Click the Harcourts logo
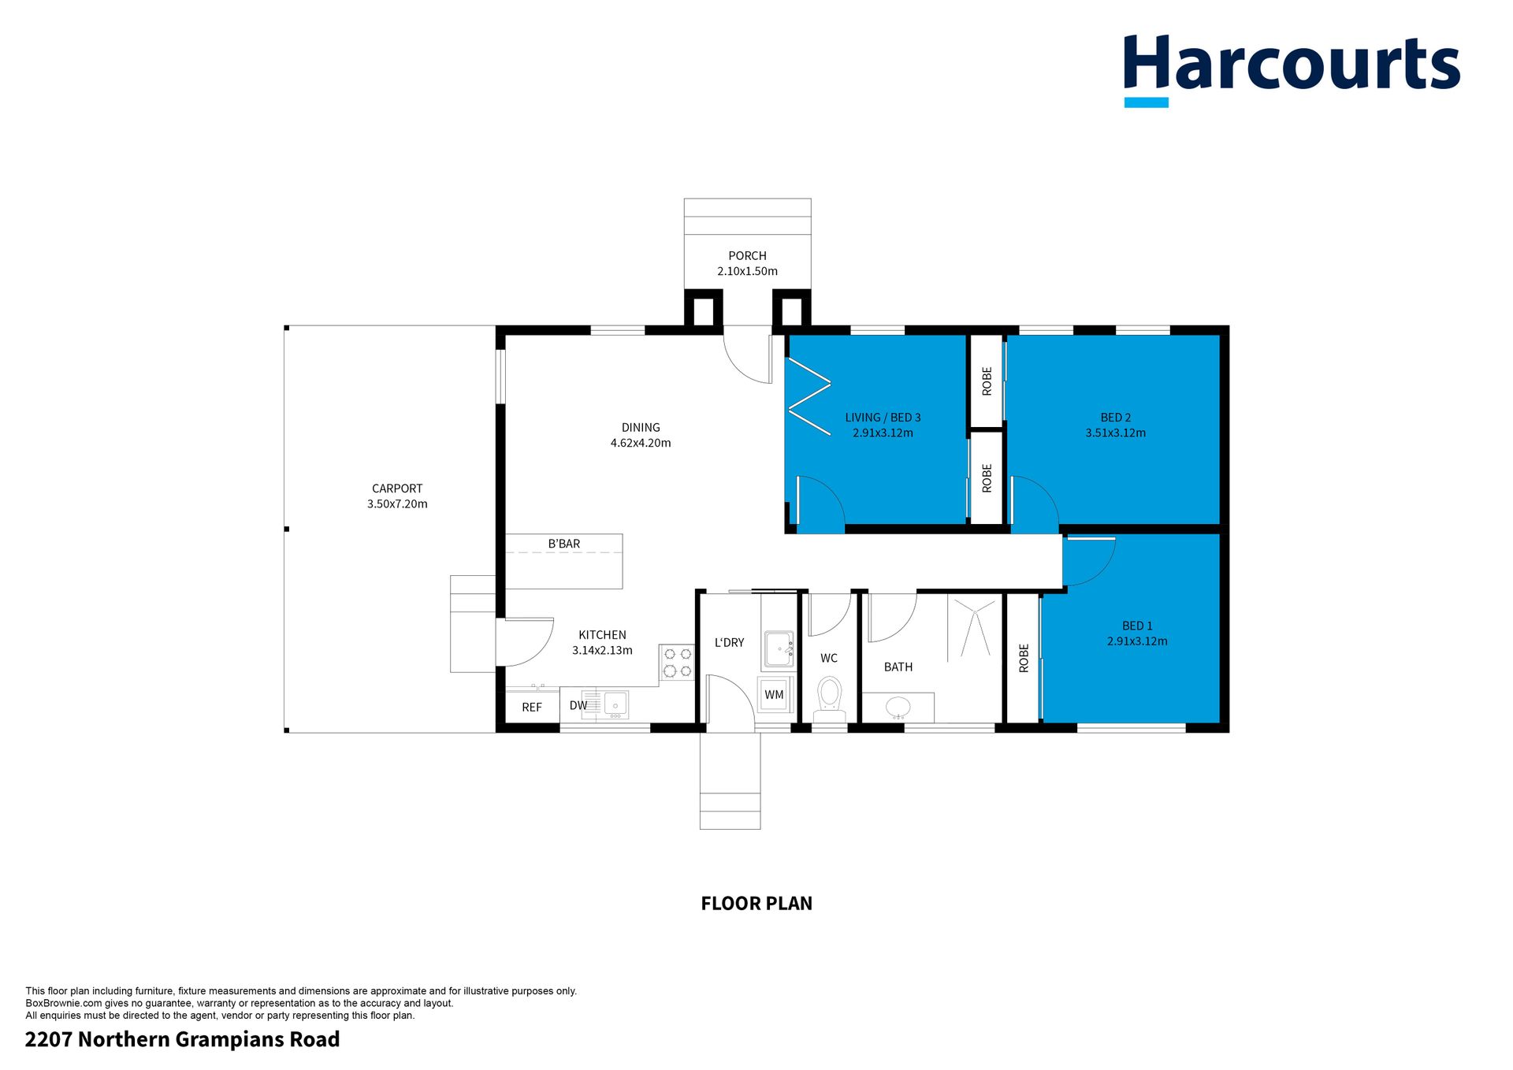(1292, 70)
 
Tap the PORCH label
(747, 256)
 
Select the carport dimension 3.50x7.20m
(397, 504)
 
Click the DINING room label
(641, 428)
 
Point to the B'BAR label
(564, 544)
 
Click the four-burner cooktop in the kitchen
(677, 662)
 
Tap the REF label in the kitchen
(532, 708)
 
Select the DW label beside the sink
(578, 705)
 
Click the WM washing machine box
(774, 694)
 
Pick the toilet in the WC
(829, 699)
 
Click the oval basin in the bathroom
(898, 707)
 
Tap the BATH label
(898, 667)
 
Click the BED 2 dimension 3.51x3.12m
(1116, 433)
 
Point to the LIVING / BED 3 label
(883, 418)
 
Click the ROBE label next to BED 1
(1024, 658)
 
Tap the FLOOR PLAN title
(756, 904)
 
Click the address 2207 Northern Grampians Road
(183, 1040)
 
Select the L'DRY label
(729, 643)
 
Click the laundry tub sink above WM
(779, 649)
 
